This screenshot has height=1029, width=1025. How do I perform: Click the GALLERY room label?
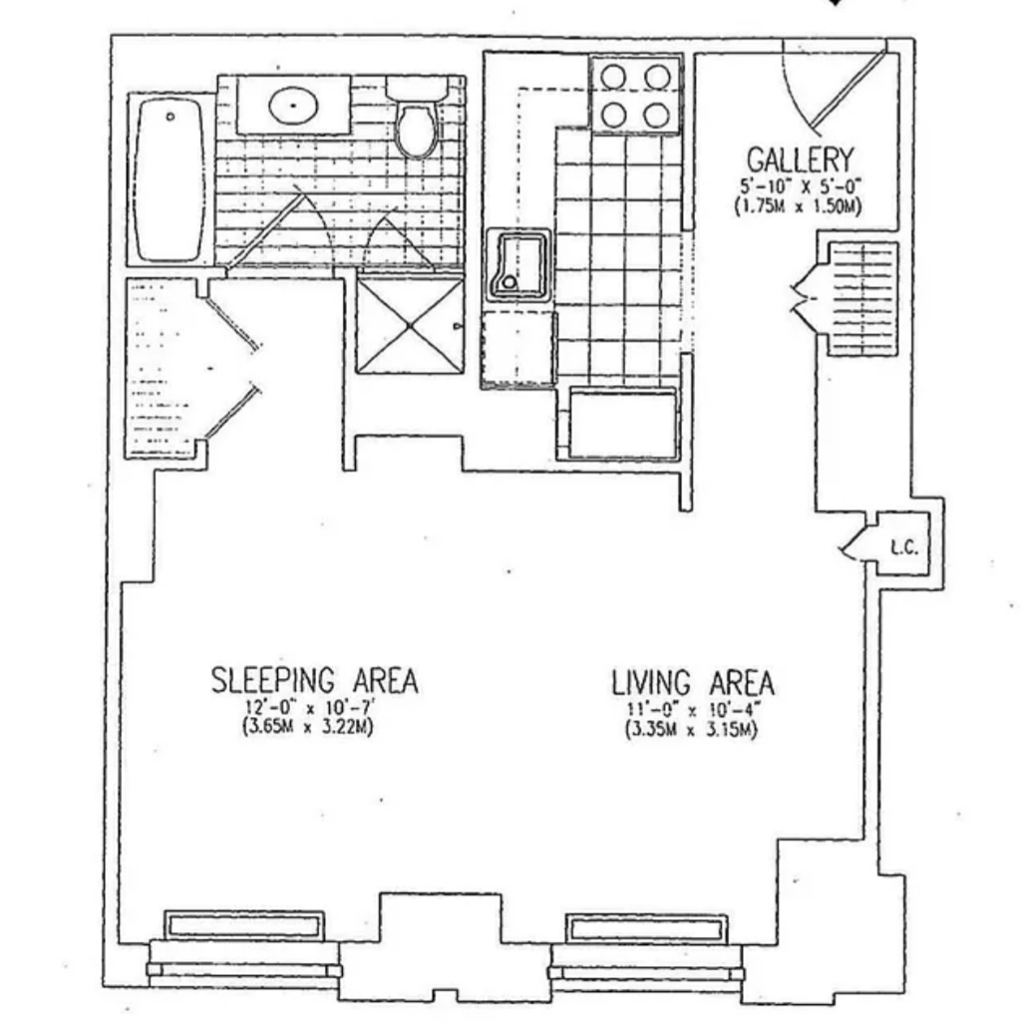[800, 160]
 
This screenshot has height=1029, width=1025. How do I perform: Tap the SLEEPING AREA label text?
[314, 681]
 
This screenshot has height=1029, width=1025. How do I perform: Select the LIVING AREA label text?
[692, 684]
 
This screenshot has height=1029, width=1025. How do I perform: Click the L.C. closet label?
[903, 547]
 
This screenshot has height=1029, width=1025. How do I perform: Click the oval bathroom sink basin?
[293, 103]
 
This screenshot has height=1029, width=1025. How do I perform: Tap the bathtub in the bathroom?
[171, 180]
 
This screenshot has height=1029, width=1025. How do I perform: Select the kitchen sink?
[517, 263]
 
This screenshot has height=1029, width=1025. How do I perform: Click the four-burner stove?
[634, 96]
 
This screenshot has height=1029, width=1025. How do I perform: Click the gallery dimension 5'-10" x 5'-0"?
[800, 186]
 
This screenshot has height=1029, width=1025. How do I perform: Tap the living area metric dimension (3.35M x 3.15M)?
[690, 730]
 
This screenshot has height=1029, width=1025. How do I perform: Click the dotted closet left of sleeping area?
[163, 368]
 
